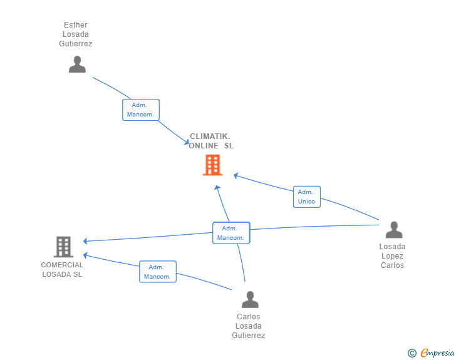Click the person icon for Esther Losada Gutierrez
coord(77,64)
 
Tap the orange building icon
coord(212,165)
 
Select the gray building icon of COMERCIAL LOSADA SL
coord(63,247)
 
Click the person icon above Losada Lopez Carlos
coord(394,230)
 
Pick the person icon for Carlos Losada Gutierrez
coord(250,299)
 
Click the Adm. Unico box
coord(307,197)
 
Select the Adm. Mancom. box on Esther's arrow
coord(141,110)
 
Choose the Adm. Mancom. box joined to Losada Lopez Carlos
coord(231,233)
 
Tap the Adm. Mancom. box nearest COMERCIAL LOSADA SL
coord(158,272)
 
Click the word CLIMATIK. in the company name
coord(210,136)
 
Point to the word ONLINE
coord(204,146)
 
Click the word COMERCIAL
coord(62,265)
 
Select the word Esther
coord(76,25)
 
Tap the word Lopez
coord(392,256)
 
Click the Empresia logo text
coord(437,352)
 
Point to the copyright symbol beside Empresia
coord(412,353)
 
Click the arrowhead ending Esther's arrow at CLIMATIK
coord(187,142)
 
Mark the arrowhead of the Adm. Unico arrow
coord(236,176)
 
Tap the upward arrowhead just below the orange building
coord(217,188)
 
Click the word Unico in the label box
coord(306,201)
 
